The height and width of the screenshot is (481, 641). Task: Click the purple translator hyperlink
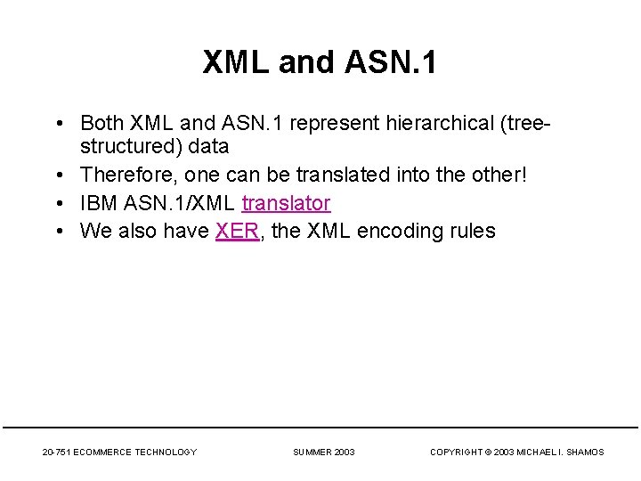click(x=286, y=204)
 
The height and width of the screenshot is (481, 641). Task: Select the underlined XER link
click(x=237, y=232)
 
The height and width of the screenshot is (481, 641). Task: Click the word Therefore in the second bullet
click(x=127, y=175)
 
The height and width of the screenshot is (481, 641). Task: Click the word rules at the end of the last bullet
click(x=472, y=232)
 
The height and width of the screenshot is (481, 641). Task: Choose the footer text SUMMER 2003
click(x=324, y=452)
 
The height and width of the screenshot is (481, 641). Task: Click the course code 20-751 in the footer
click(x=57, y=452)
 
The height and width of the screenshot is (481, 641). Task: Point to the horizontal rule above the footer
click(x=320, y=428)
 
